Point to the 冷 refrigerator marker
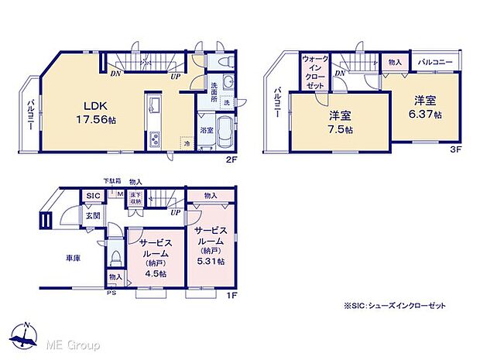tap(187, 142)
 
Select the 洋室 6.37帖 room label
tap(426, 107)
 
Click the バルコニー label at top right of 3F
tap(437, 60)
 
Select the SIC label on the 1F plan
tap(92, 196)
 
